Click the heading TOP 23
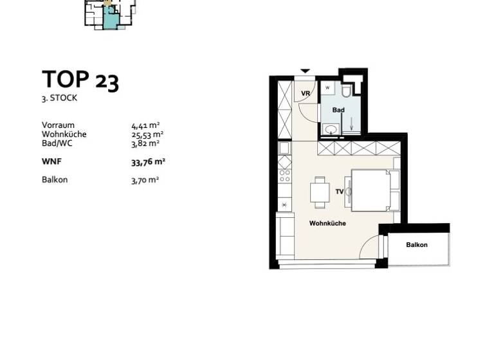80,80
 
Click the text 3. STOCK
60,98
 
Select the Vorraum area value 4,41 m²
145,125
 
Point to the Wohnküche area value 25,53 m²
147,134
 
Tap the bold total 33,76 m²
148,162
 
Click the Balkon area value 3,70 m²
145,180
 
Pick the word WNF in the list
51,162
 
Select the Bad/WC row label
57,143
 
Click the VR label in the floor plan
306,94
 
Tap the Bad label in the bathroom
338,110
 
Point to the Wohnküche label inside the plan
327,224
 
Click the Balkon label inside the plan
417,245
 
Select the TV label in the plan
340,191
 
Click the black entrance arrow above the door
306,71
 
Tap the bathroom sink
331,130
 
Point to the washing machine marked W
328,87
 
